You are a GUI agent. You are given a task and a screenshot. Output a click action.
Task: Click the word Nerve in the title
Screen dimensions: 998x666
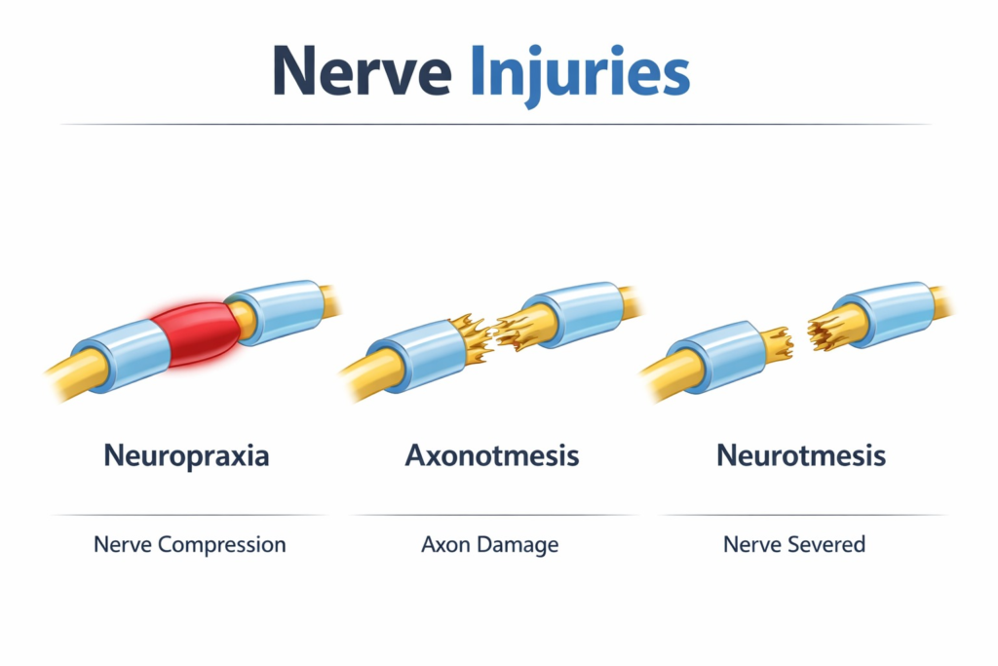pos(363,70)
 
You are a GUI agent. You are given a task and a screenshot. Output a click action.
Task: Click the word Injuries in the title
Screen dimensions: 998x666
pos(580,75)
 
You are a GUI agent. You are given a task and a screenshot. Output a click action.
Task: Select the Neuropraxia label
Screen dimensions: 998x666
pos(186,456)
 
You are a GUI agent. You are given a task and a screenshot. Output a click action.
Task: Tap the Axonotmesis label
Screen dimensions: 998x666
pos(492,456)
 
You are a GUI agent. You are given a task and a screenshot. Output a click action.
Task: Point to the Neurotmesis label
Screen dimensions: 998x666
pos(801,456)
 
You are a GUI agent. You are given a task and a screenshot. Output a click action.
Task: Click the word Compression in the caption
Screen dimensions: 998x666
pos(221,545)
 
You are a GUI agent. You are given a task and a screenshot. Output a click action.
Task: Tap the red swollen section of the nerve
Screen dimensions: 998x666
pos(195,333)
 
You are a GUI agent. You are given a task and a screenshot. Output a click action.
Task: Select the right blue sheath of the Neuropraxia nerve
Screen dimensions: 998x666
pos(278,311)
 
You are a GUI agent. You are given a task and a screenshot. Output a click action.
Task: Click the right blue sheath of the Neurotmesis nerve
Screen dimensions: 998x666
pos(885,313)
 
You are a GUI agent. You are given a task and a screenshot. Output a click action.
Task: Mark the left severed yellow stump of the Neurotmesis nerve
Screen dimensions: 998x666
pos(778,344)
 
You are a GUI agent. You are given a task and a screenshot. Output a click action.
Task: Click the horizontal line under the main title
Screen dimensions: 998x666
pos(496,124)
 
